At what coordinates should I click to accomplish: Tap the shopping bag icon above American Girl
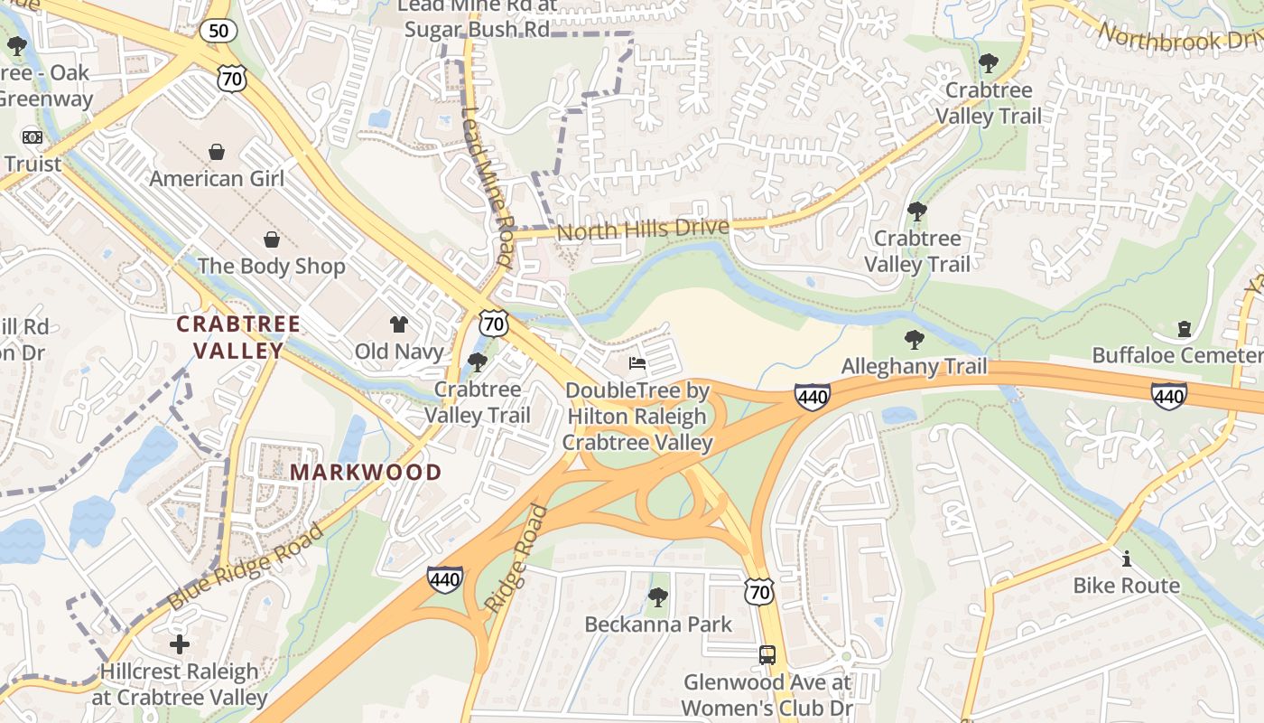tap(217, 152)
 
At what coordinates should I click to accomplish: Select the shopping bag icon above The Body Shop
tap(271, 239)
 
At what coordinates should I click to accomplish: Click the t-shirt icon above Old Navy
tap(398, 324)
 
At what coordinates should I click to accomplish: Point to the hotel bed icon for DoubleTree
tap(637, 363)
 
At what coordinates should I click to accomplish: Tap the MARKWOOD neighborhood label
tap(366, 472)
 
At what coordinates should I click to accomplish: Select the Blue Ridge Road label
tap(246, 566)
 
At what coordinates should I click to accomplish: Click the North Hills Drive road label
tap(642, 230)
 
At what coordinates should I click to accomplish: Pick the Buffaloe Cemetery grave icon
tap(1184, 329)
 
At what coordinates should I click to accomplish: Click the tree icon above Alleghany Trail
tap(914, 340)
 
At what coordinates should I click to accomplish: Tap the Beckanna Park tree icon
tap(658, 597)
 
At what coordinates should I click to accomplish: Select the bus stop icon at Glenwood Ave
tap(767, 655)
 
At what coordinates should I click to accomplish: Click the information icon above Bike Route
tap(1126, 559)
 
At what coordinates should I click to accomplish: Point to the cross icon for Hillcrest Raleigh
tap(180, 644)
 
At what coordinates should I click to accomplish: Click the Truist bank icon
tap(33, 137)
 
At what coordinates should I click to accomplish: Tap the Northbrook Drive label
tap(1178, 36)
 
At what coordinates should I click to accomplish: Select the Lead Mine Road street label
tap(488, 188)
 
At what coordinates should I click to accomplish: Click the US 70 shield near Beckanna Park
tap(759, 592)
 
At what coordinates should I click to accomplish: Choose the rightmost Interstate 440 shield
tap(1168, 395)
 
